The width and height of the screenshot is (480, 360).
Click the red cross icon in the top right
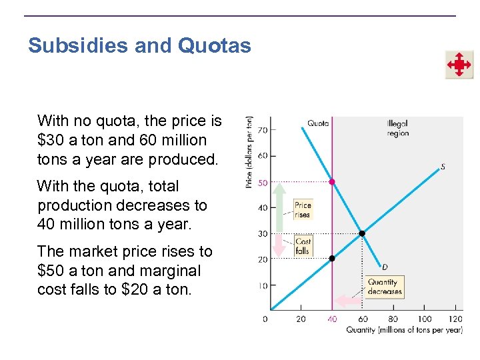(x=459, y=65)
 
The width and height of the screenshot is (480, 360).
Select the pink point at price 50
(x=332, y=181)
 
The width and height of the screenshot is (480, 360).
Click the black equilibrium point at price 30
(x=362, y=233)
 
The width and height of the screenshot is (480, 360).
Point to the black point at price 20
(x=332, y=258)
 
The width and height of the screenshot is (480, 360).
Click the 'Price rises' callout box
(x=303, y=210)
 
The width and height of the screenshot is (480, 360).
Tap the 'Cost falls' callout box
(x=303, y=246)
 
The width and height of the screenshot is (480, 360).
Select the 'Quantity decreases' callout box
(x=384, y=287)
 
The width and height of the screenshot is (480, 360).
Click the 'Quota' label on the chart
(x=317, y=123)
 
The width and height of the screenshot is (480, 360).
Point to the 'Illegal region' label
(x=397, y=128)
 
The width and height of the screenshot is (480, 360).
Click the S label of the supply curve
(x=443, y=167)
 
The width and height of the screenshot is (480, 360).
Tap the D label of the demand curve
(x=385, y=267)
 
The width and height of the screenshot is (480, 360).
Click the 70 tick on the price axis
(x=263, y=130)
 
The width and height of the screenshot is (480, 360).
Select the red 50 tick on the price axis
(x=263, y=182)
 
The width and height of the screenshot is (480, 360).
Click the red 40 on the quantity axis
(x=332, y=319)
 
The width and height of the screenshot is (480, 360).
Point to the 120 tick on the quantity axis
(x=457, y=319)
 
